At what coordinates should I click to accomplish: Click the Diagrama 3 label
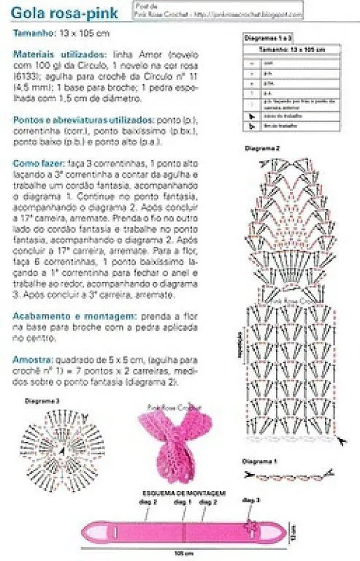pos(42,402)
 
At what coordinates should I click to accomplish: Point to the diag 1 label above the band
pos(184,503)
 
